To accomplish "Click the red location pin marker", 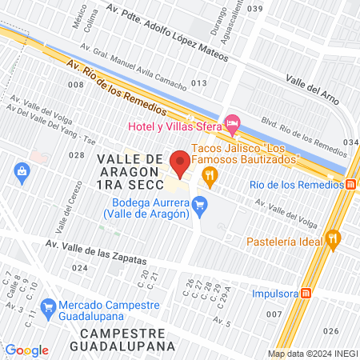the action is [x=181, y=162].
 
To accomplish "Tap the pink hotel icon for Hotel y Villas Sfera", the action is [x=233, y=125].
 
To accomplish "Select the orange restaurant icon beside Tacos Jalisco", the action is [x=210, y=177].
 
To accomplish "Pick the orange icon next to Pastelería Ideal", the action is [x=334, y=238].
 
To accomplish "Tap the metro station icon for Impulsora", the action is [x=305, y=293].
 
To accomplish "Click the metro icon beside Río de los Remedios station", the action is [x=351, y=186].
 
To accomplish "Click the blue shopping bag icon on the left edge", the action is [x=22, y=170].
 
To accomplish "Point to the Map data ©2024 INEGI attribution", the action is [x=312, y=354].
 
